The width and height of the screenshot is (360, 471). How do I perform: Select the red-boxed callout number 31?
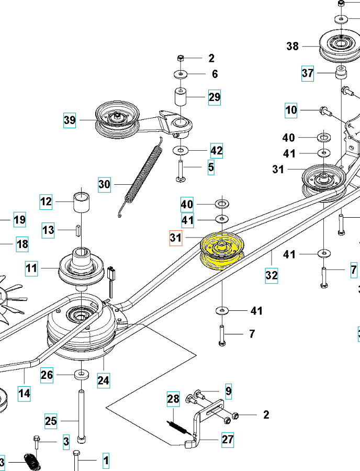point(175,238)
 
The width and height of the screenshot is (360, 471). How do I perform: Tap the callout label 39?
point(70,120)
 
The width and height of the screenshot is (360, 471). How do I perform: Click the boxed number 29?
point(215,97)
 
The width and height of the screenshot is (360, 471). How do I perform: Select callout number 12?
point(47,201)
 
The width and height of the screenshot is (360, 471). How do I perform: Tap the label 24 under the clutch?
point(103,380)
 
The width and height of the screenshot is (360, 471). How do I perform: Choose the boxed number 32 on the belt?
point(271,275)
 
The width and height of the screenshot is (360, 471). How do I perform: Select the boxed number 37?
point(307,73)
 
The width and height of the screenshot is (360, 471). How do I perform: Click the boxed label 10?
point(291,110)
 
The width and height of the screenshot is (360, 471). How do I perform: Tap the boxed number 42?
point(217,151)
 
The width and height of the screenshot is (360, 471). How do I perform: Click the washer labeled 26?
point(81,375)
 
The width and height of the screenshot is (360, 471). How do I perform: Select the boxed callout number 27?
point(227,439)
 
